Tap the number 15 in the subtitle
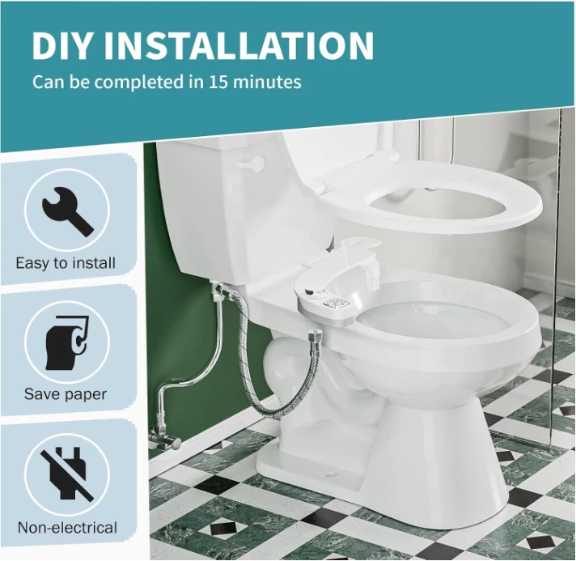click(x=218, y=82)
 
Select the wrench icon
click(x=68, y=211)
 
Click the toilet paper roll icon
click(x=68, y=342)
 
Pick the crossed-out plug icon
click(x=68, y=473)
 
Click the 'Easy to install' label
click(x=66, y=263)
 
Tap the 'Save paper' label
click(x=66, y=394)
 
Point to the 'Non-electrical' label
click(x=67, y=528)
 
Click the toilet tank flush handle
click(x=252, y=162)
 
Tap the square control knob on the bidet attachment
click(x=332, y=303)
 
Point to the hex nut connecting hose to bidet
click(x=313, y=335)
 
